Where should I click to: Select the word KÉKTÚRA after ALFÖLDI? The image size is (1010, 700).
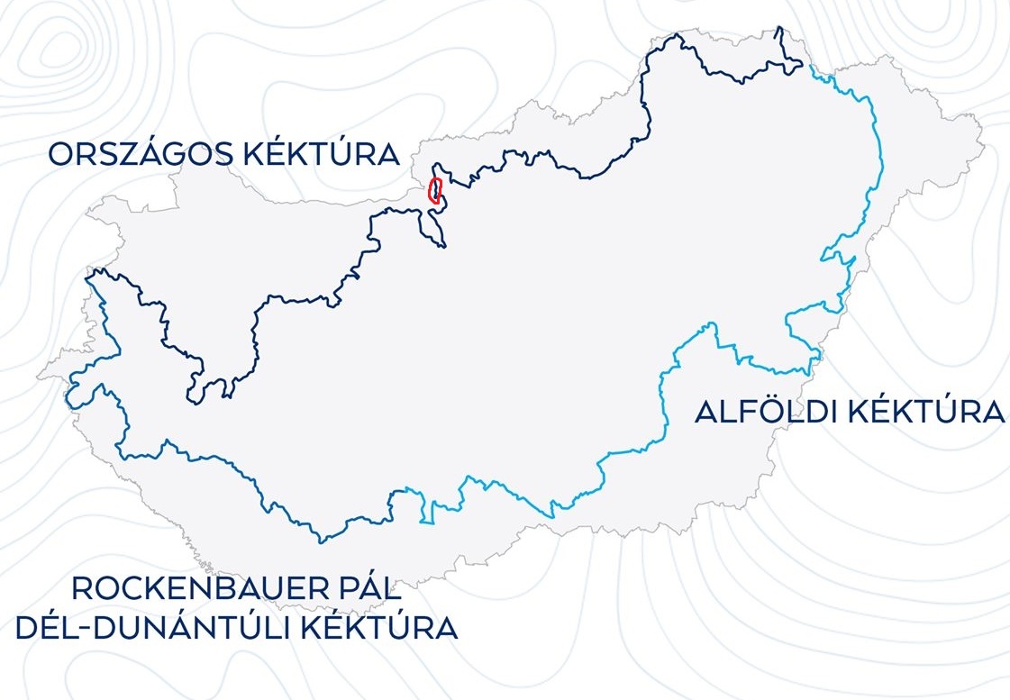[927, 413]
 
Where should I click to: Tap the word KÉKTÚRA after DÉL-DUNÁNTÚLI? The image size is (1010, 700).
[379, 627]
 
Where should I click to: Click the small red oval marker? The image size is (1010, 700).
[435, 192]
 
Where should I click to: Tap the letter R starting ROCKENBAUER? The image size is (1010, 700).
[82, 589]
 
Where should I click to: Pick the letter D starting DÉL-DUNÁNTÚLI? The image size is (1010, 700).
[27, 627]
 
